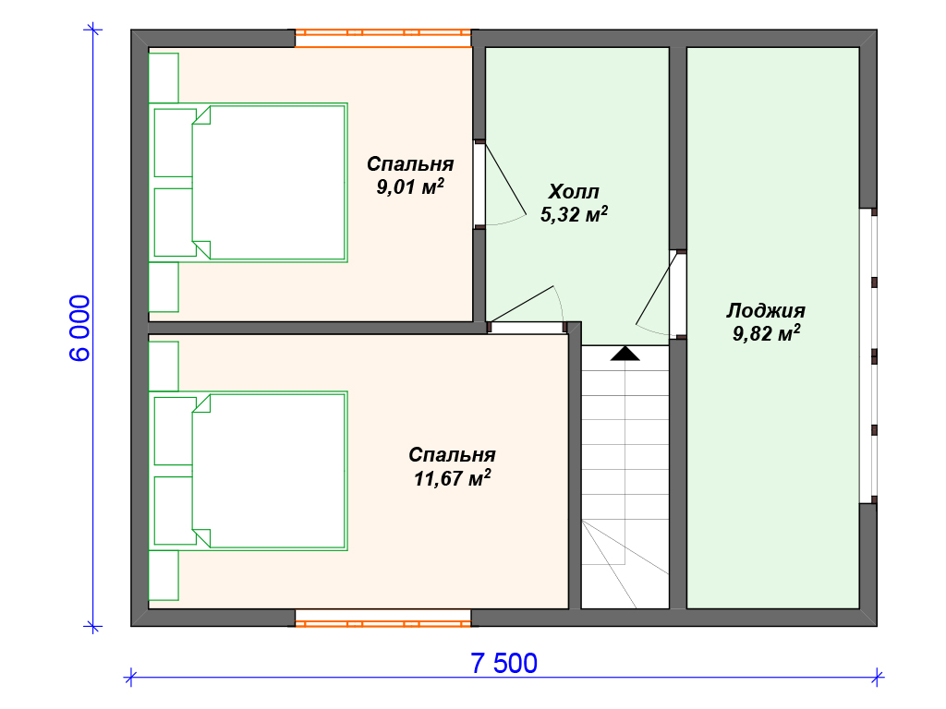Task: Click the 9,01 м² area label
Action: pos(410,186)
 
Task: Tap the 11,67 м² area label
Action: pos(452,478)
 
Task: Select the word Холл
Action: pos(573,192)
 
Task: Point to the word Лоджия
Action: pos(766,310)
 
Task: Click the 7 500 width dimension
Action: pos(503,663)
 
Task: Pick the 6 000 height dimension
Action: pos(79,328)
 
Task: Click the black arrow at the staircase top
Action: pos(625,354)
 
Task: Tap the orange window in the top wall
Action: pos(383,38)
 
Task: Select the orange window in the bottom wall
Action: pos(383,618)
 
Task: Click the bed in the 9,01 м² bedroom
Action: pos(249,183)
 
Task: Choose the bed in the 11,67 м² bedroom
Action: pos(249,471)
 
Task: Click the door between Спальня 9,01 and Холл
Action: pos(500,184)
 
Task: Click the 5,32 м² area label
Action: pos(574,214)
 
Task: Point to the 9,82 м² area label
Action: pos(766,333)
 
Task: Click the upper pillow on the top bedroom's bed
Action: pos(174,143)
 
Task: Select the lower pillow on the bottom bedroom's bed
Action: pos(174,511)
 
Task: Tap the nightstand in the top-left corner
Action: pos(164,78)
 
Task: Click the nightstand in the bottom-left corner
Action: pos(164,575)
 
